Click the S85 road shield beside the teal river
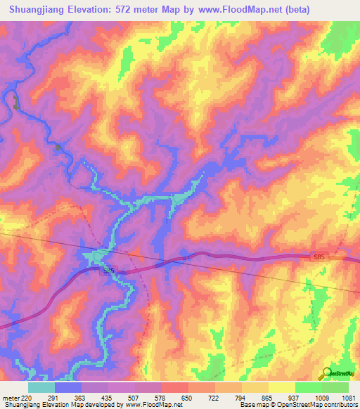click(107, 270)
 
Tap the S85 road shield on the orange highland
click(319, 259)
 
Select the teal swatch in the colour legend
click(41, 387)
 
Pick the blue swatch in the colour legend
click(68, 387)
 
